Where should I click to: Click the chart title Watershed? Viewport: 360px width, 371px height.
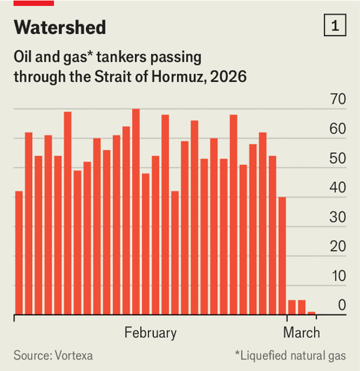point(59,27)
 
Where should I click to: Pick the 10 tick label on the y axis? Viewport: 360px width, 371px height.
point(338,276)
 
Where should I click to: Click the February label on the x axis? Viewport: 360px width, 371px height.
point(151,333)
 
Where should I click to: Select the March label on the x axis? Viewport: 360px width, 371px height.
point(302,333)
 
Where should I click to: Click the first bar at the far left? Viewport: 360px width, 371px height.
point(19,252)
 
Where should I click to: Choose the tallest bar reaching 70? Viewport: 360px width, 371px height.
point(136,210)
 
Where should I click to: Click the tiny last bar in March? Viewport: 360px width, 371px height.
point(311,313)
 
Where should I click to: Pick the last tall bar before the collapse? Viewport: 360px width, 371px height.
point(282,255)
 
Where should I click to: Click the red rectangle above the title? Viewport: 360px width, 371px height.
point(34,3)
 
